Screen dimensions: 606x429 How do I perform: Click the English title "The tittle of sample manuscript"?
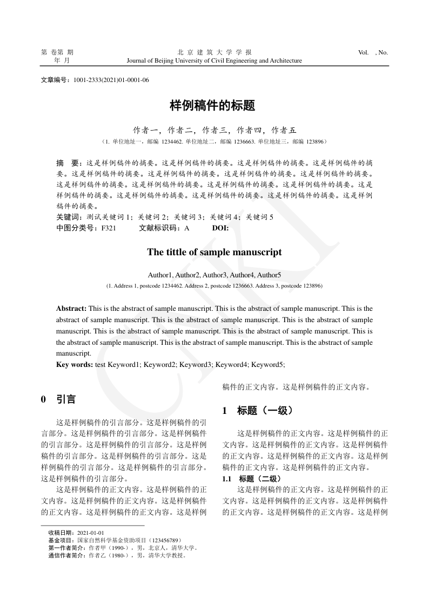pos(214,252)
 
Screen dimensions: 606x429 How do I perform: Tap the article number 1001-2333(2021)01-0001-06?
pos(111,80)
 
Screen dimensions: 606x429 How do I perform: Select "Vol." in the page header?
pos(363,52)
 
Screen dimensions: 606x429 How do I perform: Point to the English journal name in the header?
pos(214,61)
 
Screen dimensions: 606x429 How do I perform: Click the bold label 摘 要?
pos(68,162)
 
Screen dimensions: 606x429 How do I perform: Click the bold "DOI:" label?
pos(220,228)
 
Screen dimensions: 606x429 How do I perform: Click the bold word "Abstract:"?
pos(71,309)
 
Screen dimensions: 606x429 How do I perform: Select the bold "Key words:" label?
pos(75,365)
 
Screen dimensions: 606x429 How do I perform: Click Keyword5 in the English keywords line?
pos(267,365)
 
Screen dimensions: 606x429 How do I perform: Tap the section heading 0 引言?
pos(58,400)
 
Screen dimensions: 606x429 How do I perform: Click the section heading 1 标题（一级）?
pos(257,411)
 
